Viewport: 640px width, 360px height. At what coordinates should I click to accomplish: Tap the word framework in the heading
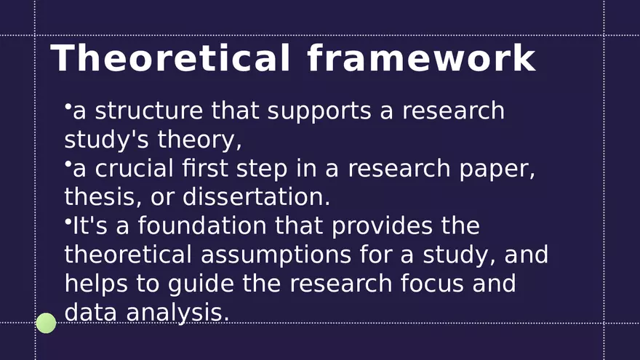[x=421, y=58]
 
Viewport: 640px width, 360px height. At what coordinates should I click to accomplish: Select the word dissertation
[x=256, y=196]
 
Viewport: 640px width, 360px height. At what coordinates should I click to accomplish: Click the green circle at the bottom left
[x=46, y=323]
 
